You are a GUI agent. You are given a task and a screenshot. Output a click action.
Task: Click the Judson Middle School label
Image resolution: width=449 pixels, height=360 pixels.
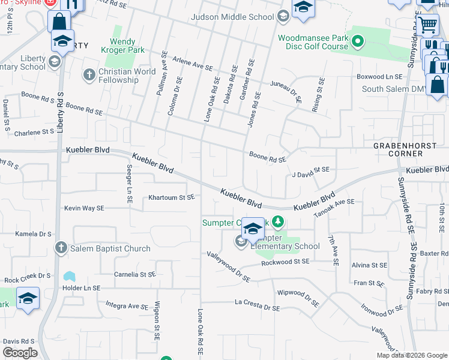pyautogui.click(x=232, y=17)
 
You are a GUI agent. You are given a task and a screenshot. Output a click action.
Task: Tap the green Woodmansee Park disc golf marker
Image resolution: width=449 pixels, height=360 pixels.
pyautogui.click(x=358, y=41)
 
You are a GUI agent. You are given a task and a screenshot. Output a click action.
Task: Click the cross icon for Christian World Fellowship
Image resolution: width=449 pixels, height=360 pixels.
pyautogui.click(x=89, y=75)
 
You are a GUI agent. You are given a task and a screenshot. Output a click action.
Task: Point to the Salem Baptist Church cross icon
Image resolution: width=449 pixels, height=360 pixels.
pyautogui.click(x=61, y=247)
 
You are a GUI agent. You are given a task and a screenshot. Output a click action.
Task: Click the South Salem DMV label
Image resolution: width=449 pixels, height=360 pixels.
pyautogui.click(x=394, y=89)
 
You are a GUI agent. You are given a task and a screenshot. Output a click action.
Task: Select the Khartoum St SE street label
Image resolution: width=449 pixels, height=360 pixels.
pyautogui.click(x=172, y=197)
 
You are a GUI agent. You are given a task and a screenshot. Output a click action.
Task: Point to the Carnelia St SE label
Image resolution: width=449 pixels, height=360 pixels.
pyautogui.click(x=135, y=274)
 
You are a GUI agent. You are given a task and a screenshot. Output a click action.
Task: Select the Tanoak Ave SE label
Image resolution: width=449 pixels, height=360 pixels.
pyautogui.click(x=334, y=208)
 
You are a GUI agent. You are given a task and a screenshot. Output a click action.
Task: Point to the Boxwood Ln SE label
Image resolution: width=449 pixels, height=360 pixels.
pyautogui.click(x=379, y=77)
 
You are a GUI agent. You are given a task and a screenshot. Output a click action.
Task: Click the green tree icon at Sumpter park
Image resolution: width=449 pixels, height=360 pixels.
pyautogui.click(x=277, y=223)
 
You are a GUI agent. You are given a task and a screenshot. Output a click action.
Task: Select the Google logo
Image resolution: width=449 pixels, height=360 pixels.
pyautogui.click(x=20, y=353)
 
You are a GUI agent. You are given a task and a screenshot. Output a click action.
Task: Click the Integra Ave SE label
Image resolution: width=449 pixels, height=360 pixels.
pyautogui.click(x=122, y=306)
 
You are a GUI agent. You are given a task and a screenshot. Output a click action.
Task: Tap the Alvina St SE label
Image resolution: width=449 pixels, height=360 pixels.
pyautogui.click(x=369, y=265)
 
